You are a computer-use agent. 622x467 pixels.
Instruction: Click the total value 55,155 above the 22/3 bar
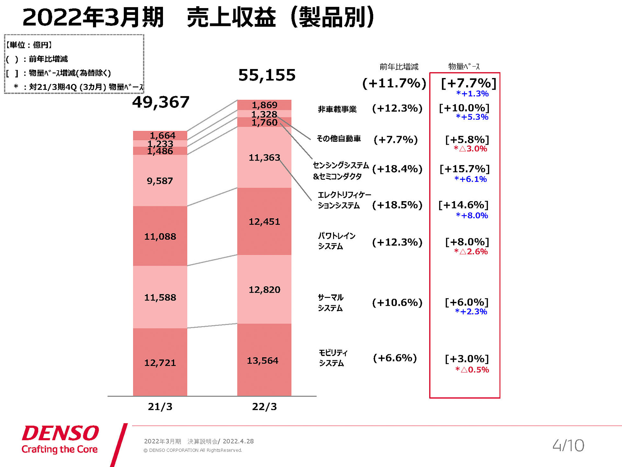tap(267, 75)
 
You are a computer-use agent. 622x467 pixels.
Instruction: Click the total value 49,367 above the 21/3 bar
tap(161, 102)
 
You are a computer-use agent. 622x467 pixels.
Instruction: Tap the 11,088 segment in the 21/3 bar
tap(160, 236)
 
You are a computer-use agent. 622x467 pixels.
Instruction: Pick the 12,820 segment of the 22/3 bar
tap(264, 290)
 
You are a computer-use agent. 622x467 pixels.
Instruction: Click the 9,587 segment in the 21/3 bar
tap(160, 181)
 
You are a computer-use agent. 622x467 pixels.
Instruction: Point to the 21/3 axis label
tap(160, 407)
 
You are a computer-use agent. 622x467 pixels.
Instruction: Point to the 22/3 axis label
tap(264, 407)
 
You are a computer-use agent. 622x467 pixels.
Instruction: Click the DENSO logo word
tap(60, 433)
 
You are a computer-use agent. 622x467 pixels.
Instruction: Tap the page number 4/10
tap(568, 445)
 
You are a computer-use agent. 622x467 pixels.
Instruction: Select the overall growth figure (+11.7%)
tap(394, 84)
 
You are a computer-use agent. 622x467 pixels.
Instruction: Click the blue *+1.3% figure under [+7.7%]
tap(472, 94)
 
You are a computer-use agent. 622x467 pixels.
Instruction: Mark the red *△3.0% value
tap(470, 149)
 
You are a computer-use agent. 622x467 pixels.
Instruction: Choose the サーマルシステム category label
tap(330, 302)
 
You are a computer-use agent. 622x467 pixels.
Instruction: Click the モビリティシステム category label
tap(333, 358)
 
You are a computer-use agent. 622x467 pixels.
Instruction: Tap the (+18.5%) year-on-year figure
tap(397, 205)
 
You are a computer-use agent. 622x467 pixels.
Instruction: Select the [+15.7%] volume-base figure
tap(464, 169)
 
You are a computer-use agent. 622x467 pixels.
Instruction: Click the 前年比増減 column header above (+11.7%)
tap(399, 67)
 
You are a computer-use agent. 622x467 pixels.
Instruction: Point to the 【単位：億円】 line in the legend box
tap(29, 45)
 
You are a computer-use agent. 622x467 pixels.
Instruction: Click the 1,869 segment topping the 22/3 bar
tap(264, 105)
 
